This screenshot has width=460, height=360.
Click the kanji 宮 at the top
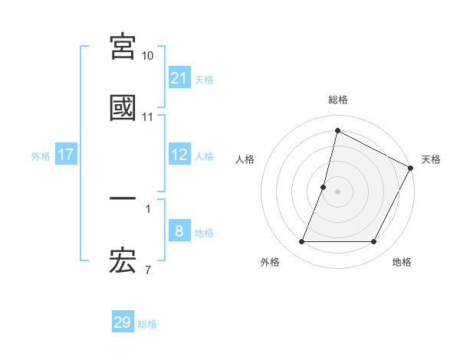(x=123, y=47)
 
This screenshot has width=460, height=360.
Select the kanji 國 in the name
(x=123, y=108)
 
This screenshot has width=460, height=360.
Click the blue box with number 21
(x=179, y=77)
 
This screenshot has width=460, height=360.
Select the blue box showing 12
(x=179, y=155)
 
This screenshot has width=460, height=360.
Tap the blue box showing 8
(x=179, y=231)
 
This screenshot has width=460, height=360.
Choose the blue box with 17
(x=66, y=155)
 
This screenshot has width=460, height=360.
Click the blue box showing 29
(x=123, y=322)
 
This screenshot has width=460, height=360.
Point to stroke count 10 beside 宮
(x=148, y=56)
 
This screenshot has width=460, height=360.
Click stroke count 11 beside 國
(x=148, y=117)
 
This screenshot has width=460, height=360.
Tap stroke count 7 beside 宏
(x=148, y=270)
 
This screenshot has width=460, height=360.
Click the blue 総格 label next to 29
(x=147, y=324)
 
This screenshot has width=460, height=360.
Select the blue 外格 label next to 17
(x=41, y=155)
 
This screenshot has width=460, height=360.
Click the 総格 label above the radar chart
(x=338, y=100)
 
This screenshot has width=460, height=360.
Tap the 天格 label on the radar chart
(x=431, y=159)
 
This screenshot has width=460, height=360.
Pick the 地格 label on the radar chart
(x=402, y=262)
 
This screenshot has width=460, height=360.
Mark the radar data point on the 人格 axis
(x=324, y=187)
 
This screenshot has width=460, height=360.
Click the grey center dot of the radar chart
(x=338, y=191)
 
